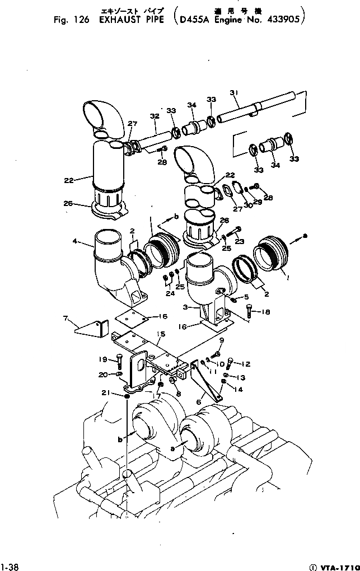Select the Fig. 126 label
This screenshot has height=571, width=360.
tap(69, 20)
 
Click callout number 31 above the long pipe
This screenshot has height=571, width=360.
tap(234, 93)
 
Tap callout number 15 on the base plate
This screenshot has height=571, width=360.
tap(161, 334)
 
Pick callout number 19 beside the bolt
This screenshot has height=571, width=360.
tap(103, 359)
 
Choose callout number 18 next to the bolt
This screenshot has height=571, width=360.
tap(265, 312)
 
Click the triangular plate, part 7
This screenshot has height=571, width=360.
tap(90, 330)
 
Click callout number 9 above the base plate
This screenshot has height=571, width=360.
tap(221, 340)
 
